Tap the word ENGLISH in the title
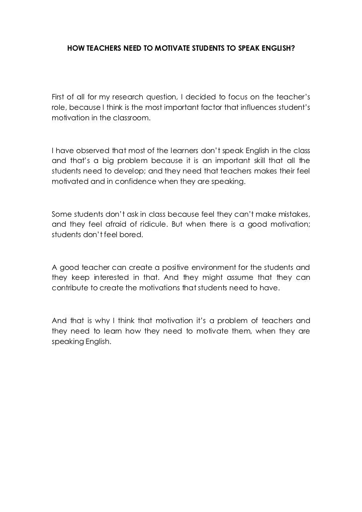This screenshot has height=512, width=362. (x=276, y=50)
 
